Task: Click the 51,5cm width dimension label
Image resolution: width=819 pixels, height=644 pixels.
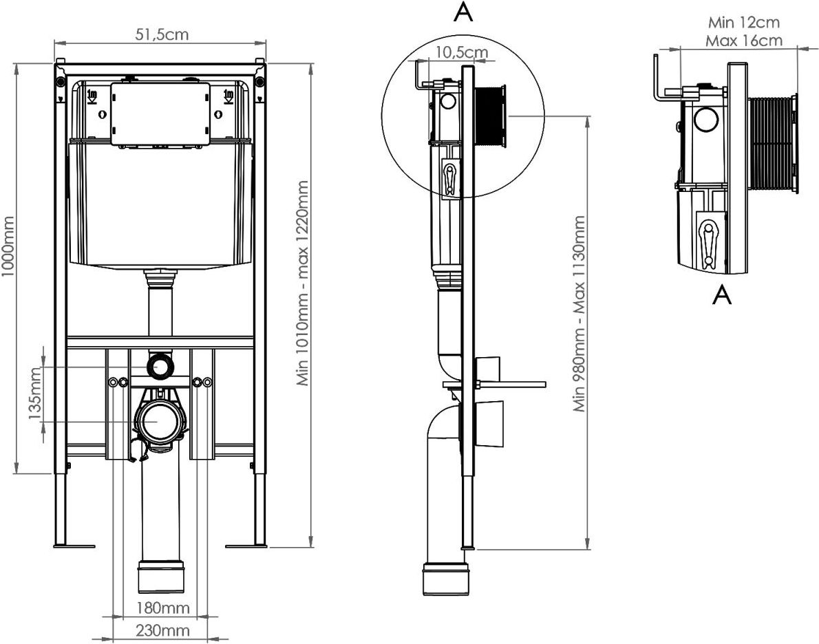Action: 162,34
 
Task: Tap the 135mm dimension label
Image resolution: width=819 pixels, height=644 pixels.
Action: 34,394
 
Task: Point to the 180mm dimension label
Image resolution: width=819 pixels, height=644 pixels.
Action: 163,608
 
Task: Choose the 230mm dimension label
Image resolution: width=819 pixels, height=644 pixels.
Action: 163,630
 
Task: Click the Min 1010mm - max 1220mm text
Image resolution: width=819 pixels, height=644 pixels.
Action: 303,283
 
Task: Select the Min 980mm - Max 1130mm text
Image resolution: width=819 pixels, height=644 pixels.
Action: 579,313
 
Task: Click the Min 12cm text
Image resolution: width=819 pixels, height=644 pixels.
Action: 744,23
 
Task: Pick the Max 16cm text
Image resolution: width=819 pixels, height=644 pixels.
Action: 744,40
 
